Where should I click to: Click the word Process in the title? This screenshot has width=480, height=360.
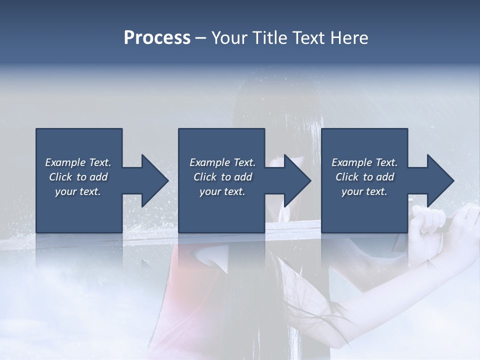(157, 38)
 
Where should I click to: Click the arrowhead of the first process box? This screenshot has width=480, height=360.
(152, 180)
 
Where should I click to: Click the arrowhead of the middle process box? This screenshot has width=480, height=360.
(295, 180)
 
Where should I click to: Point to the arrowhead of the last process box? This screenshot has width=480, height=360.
(438, 180)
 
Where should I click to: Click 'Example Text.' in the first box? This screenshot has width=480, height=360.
(78, 162)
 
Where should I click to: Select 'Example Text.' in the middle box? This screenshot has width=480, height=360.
(222, 162)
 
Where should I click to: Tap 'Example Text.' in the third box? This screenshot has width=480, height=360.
(364, 162)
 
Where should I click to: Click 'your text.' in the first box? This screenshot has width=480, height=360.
(78, 191)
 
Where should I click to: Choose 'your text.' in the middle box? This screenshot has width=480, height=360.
(222, 191)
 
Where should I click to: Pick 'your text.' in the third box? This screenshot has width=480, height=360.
(364, 191)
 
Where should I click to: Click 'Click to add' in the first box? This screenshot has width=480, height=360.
(78, 177)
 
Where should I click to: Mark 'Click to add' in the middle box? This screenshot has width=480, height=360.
(222, 177)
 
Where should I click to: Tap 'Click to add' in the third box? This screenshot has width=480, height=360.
(364, 177)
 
